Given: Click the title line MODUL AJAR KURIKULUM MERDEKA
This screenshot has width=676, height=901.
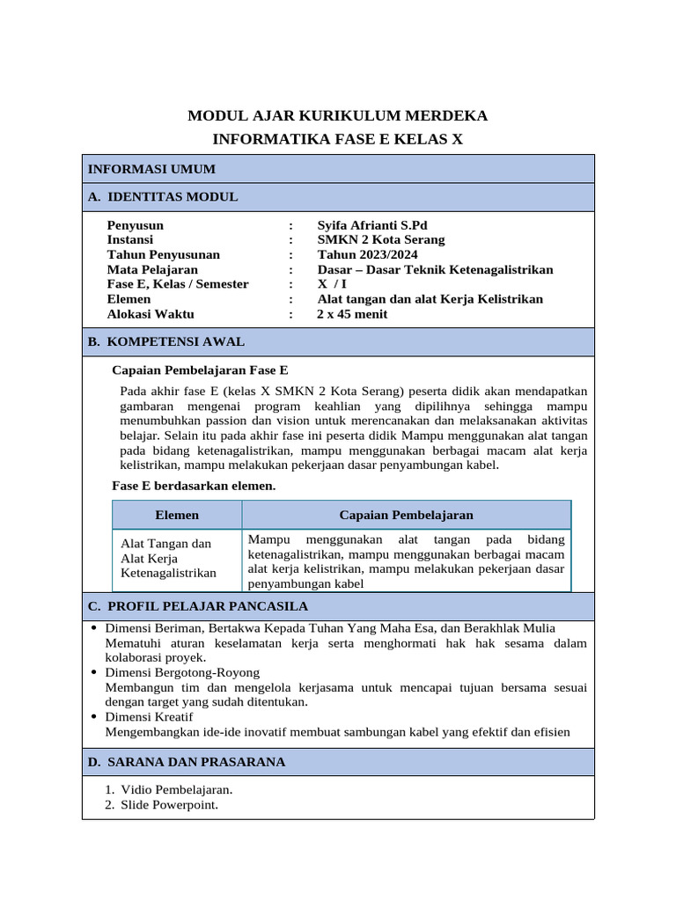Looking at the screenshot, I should tap(338, 116).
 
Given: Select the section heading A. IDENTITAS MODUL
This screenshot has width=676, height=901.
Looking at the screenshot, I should tap(163, 197).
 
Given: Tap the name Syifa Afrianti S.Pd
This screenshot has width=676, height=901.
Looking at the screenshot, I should tap(372, 225).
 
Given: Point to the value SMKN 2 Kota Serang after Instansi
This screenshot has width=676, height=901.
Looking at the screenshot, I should tap(381, 240).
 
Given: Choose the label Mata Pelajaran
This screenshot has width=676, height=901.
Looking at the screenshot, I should tap(152, 270).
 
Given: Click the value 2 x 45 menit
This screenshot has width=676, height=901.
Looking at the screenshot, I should tap(352, 314).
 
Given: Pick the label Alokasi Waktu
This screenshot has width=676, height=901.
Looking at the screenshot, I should tap(151, 314).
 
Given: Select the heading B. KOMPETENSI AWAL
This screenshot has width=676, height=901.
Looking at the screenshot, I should tap(166, 341).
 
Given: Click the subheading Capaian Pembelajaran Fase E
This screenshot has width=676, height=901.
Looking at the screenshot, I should tap(201, 370).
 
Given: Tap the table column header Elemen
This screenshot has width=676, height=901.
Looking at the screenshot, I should tap(177, 515).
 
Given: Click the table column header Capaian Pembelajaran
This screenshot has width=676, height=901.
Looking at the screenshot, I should tap(406, 515).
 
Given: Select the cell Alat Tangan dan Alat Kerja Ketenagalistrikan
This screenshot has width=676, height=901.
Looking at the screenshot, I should tap(168, 559).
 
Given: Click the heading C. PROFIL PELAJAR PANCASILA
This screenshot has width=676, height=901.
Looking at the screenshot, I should tap(198, 606).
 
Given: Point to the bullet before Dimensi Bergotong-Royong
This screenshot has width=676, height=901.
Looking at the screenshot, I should tap(94, 672).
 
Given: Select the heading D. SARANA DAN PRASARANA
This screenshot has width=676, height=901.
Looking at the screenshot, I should tap(187, 762).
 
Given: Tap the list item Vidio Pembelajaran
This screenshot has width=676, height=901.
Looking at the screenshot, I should tap(177, 790).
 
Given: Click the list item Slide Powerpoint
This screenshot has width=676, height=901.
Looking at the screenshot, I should tap(170, 805).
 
